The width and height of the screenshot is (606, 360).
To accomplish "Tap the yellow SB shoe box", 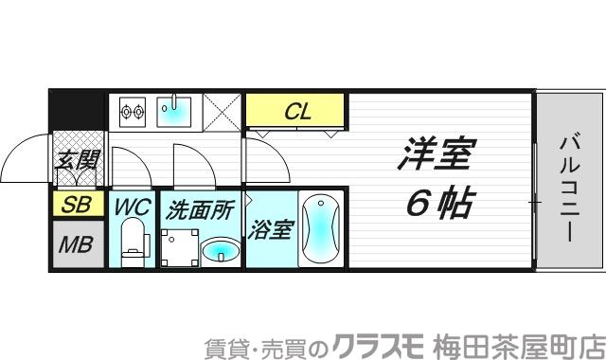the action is [x=72, y=204].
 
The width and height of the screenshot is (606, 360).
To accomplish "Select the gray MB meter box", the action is [x=76, y=244].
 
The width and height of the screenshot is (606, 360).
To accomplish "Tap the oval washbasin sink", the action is [x=221, y=250].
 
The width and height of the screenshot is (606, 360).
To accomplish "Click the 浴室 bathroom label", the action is [x=271, y=228].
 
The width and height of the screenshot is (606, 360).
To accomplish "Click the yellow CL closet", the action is [x=298, y=112].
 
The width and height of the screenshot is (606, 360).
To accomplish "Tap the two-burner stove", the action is [x=131, y=113].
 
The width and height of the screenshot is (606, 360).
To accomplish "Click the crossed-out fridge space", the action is [x=223, y=113].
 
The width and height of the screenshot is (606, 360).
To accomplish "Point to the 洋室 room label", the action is [x=435, y=155].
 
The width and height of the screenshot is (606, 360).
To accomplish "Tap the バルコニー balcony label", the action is [x=568, y=189].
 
